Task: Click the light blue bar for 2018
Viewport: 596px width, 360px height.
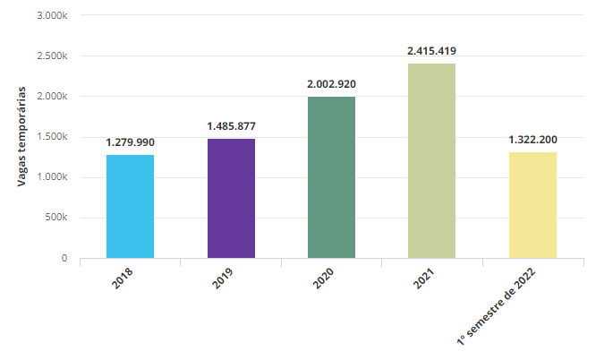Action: tap(130, 206)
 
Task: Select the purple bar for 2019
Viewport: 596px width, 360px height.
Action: tap(231, 198)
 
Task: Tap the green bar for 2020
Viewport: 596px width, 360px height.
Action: tap(331, 177)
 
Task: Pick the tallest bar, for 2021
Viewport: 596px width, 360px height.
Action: tap(431, 160)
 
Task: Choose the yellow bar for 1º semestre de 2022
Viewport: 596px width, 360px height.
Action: tap(532, 205)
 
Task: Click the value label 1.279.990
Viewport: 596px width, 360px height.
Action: tap(130, 142)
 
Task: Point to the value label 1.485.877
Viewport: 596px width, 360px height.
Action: tap(231, 126)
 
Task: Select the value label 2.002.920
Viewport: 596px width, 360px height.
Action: tap(331, 84)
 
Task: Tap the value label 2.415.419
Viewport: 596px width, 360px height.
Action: tap(431, 51)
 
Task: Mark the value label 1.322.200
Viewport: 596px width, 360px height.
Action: tap(532, 140)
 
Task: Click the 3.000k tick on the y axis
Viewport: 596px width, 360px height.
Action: tap(51, 16)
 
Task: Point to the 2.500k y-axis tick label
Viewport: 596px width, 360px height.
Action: tap(51, 56)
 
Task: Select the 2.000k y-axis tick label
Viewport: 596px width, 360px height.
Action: tap(51, 97)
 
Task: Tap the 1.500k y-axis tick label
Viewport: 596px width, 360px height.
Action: tap(51, 137)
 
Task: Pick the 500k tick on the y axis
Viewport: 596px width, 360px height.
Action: tap(55, 218)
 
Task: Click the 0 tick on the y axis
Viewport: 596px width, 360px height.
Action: tap(64, 258)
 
